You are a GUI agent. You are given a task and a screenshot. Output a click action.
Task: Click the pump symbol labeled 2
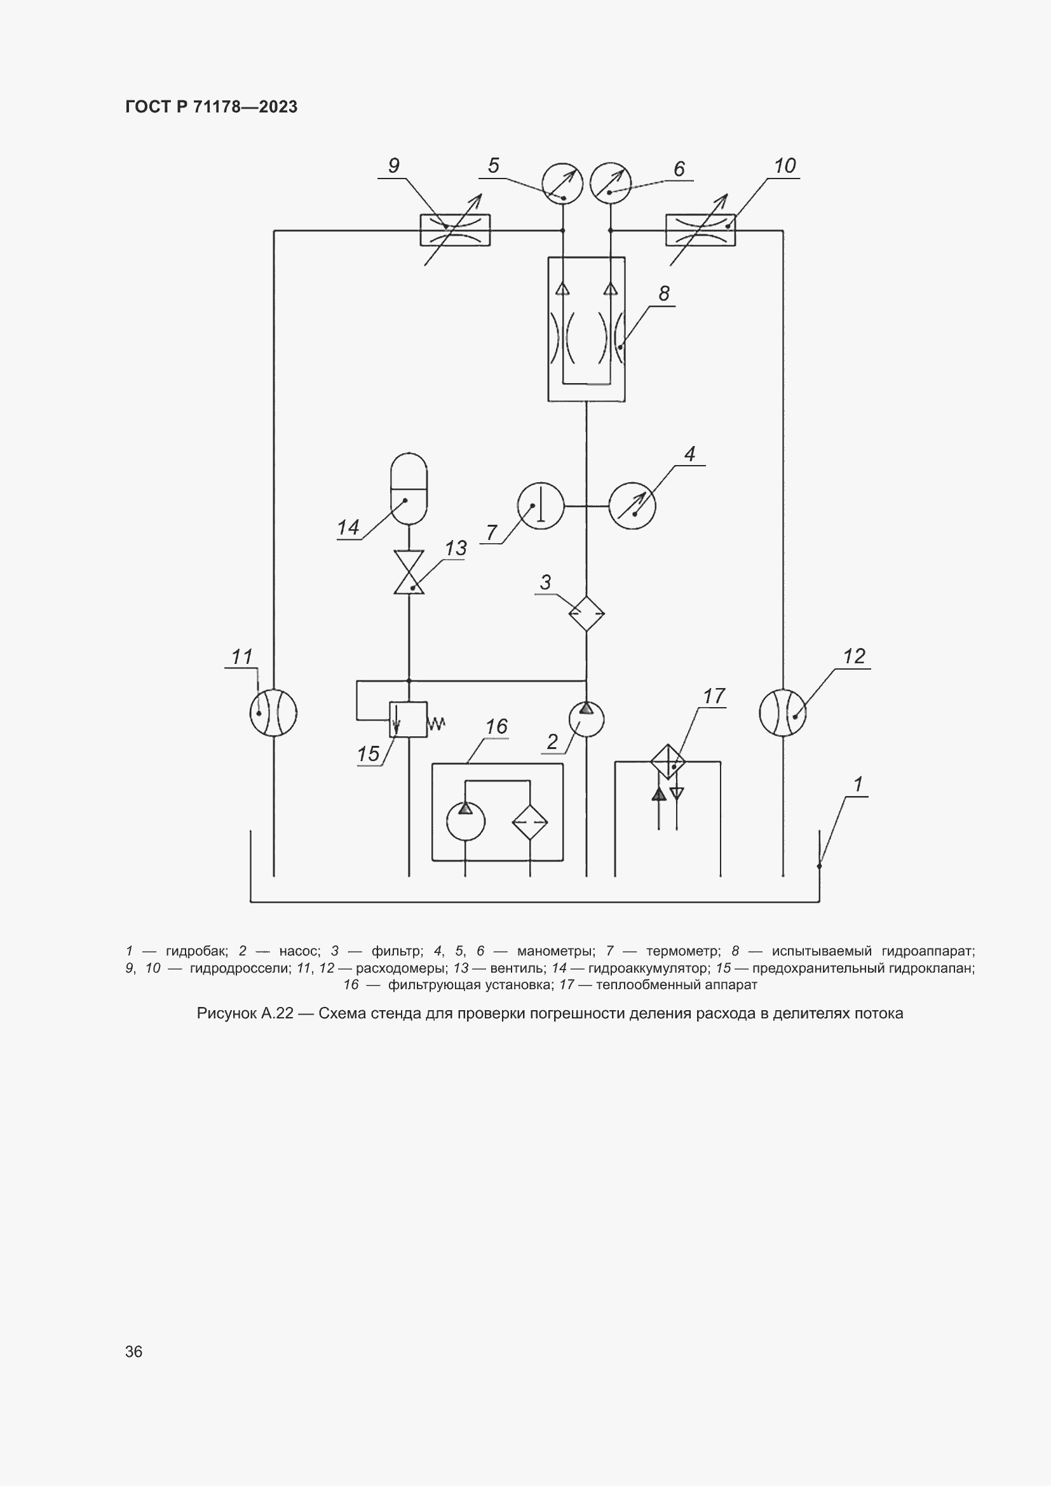click(587, 719)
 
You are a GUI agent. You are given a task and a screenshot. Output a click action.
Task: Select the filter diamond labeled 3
click(587, 613)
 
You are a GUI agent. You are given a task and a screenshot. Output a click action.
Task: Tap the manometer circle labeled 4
click(632, 506)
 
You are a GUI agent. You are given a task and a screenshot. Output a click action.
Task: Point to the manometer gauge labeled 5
click(562, 183)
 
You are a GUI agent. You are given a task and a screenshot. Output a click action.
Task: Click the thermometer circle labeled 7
click(541, 506)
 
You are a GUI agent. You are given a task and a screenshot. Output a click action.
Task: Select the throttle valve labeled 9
click(455, 230)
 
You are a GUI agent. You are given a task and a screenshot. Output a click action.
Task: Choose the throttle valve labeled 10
click(701, 230)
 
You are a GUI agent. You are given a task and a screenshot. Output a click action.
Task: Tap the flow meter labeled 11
click(273, 713)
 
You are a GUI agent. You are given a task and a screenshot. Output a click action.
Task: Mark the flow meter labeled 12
click(783, 713)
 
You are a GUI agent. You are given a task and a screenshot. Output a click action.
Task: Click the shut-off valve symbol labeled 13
click(409, 573)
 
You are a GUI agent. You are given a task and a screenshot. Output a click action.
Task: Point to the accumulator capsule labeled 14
click(409, 489)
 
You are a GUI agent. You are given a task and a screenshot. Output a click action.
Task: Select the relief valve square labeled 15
click(409, 719)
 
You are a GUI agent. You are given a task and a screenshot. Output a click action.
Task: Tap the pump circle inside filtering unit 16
click(466, 821)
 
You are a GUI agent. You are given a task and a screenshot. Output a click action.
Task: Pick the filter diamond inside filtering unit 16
click(530, 822)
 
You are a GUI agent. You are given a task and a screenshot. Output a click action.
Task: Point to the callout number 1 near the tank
click(858, 785)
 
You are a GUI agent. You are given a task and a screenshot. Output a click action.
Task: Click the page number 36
click(134, 1351)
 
